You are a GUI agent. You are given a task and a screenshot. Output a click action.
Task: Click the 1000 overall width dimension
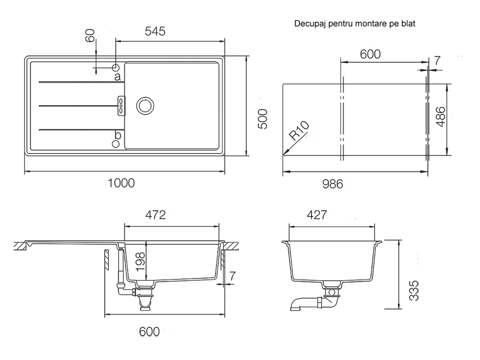point(121,183)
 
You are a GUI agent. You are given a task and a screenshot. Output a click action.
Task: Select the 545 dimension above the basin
point(155,31)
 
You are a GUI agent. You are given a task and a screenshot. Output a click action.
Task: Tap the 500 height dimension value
point(263,119)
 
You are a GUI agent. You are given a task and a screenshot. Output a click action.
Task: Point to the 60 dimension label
point(90,36)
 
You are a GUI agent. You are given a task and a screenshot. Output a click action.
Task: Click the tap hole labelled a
point(116,67)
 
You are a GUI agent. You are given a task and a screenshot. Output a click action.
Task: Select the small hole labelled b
point(116,144)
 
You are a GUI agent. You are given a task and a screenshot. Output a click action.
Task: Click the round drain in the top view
point(145,106)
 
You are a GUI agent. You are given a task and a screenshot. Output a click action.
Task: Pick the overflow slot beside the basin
point(121,106)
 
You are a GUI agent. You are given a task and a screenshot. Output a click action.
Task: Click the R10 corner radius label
point(299,131)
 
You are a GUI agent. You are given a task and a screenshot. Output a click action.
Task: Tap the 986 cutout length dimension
point(333,184)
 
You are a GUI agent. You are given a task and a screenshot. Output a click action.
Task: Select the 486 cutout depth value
point(440,117)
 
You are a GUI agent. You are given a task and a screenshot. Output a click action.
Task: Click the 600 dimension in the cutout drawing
point(370,54)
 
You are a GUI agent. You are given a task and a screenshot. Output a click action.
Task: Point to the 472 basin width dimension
point(156,215)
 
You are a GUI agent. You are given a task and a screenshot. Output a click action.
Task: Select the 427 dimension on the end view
point(317,215)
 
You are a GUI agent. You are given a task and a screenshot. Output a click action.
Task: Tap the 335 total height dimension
point(414,290)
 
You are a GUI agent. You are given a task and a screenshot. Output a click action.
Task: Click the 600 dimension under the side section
point(149,332)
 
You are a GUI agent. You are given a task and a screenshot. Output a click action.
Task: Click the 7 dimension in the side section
point(233,276)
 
